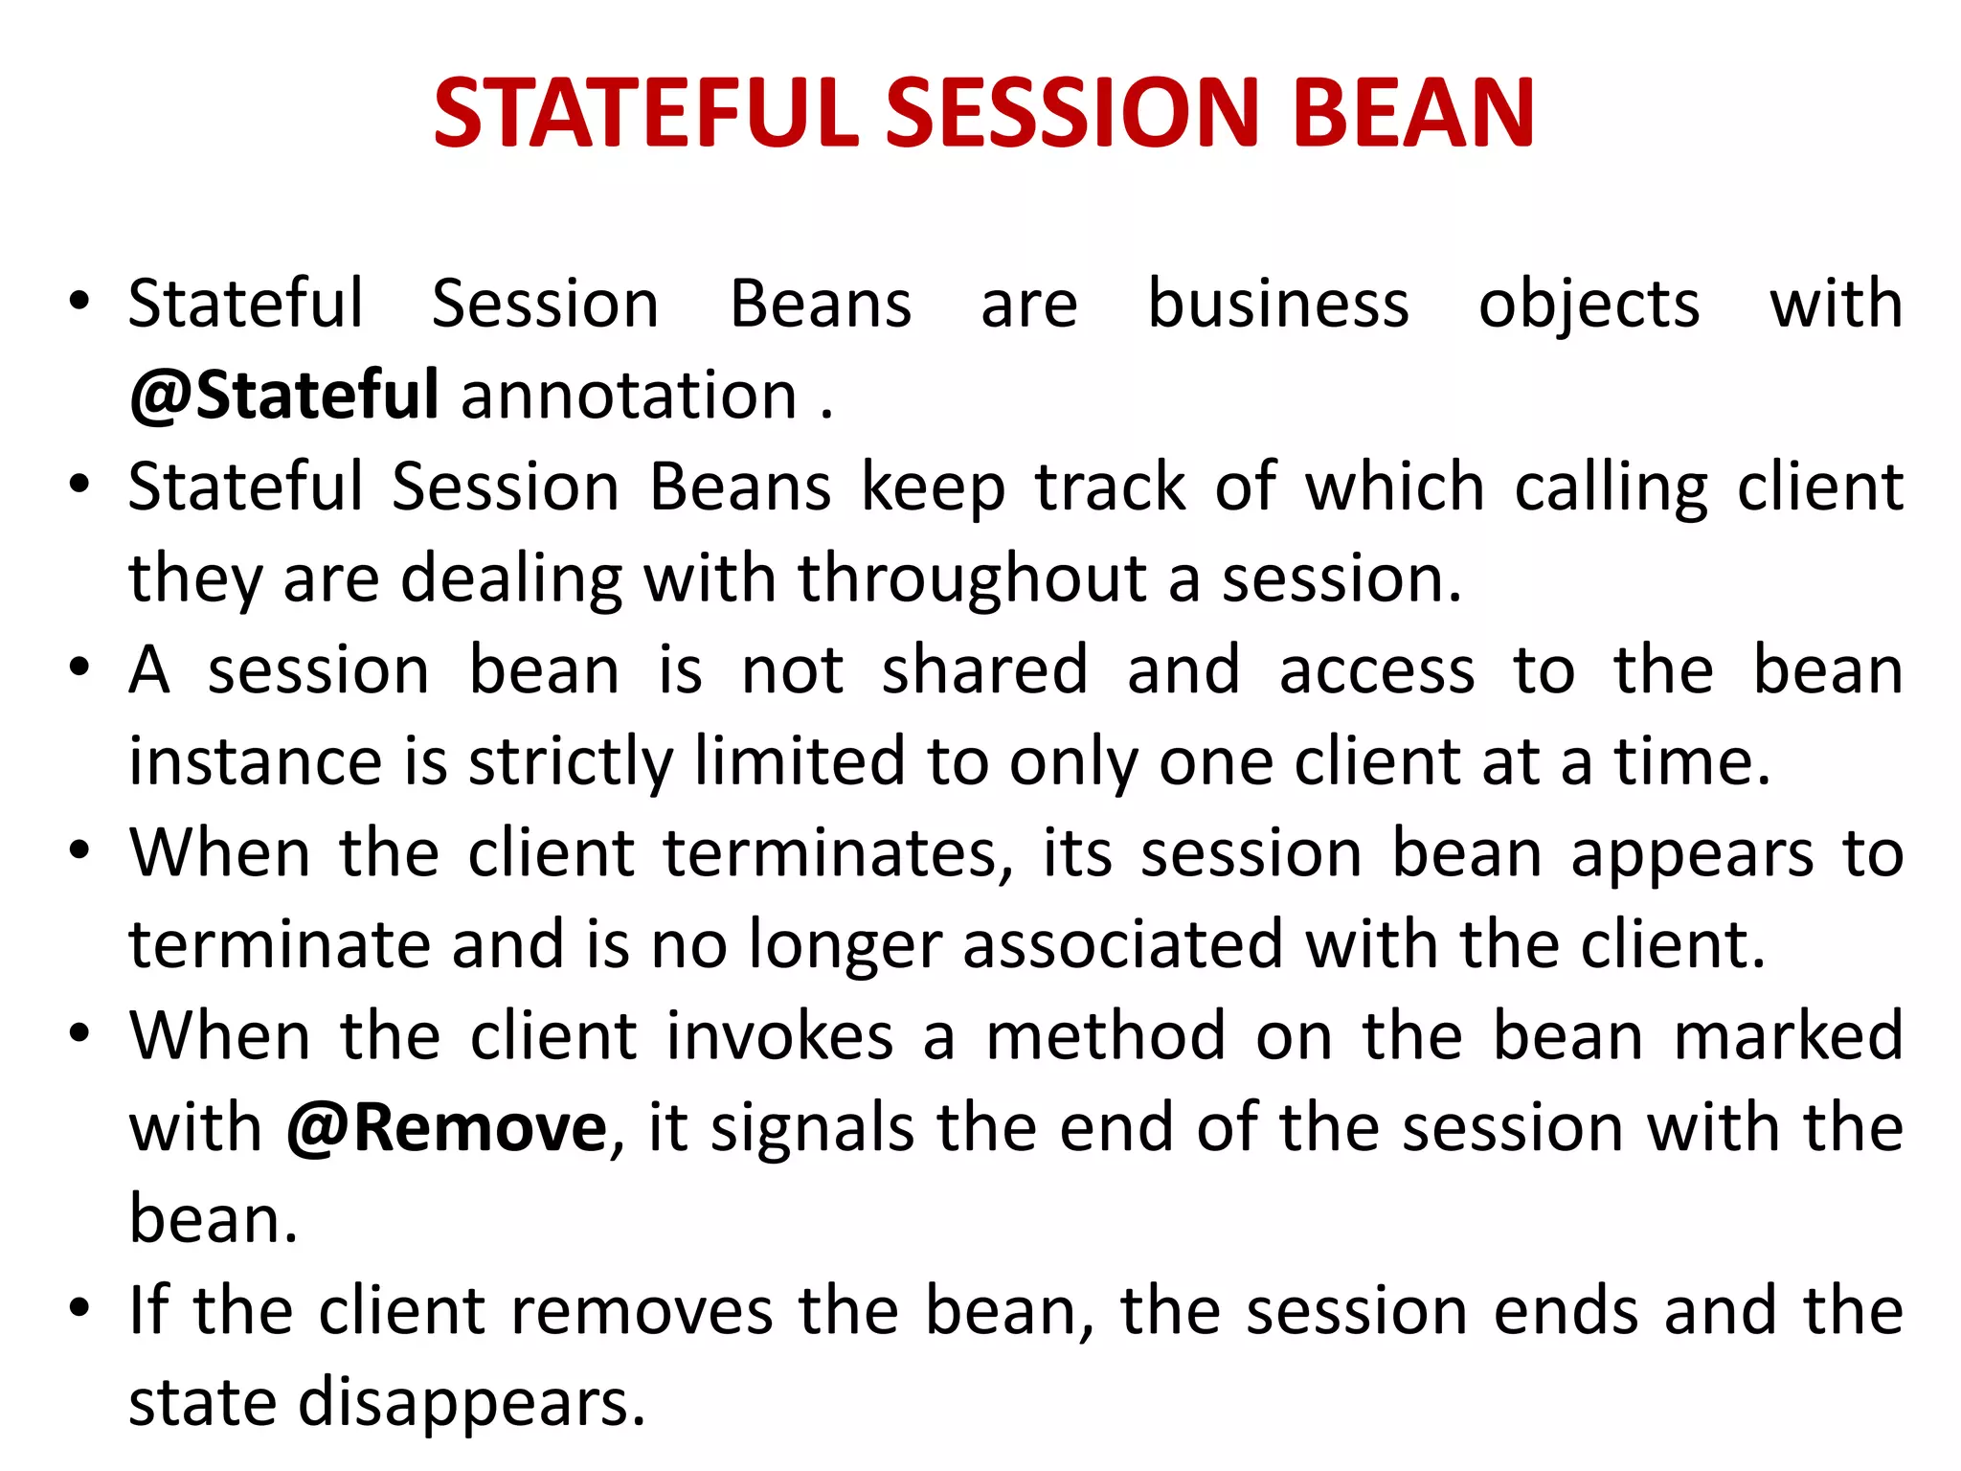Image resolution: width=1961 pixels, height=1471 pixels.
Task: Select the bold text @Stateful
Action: [x=284, y=395]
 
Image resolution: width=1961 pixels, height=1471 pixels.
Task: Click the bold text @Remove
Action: [x=446, y=1127]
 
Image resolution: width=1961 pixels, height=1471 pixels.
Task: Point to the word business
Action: [x=1278, y=304]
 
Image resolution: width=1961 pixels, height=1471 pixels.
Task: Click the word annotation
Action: [x=629, y=395]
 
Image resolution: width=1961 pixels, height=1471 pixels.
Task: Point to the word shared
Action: [x=984, y=669]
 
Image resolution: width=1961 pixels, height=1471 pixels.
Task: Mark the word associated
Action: [x=1122, y=944]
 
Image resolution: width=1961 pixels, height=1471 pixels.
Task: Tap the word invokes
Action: [x=779, y=1036]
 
